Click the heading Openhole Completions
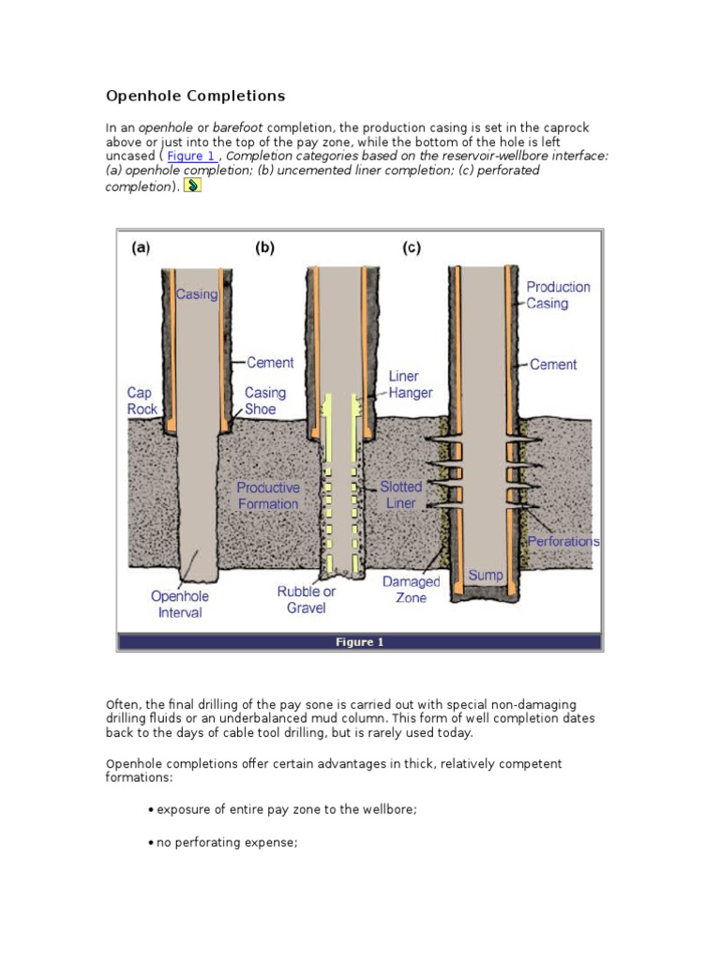point(195,97)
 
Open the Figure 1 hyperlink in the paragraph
point(191,157)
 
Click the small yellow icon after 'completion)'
point(192,187)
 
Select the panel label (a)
point(140,248)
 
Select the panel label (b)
point(264,248)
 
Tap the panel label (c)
point(411,248)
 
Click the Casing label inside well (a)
point(197,294)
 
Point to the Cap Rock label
point(142,400)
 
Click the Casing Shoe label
point(265,400)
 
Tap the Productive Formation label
point(268,495)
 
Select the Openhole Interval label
point(180,604)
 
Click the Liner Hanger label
point(410,384)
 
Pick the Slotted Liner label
point(400,495)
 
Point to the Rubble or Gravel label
point(306,600)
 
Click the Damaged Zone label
point(411,590)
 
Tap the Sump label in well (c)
point(485,575)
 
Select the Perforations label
point(563,542)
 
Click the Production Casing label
point(558,295)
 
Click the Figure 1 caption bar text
point(360,642)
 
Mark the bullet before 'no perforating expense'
point(151,843)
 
